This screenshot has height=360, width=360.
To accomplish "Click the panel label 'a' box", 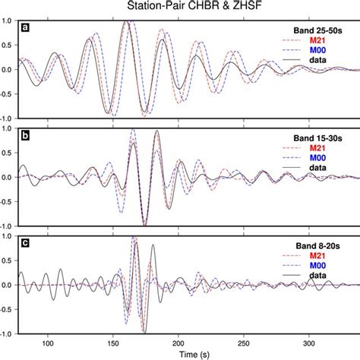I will (25, 27).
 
